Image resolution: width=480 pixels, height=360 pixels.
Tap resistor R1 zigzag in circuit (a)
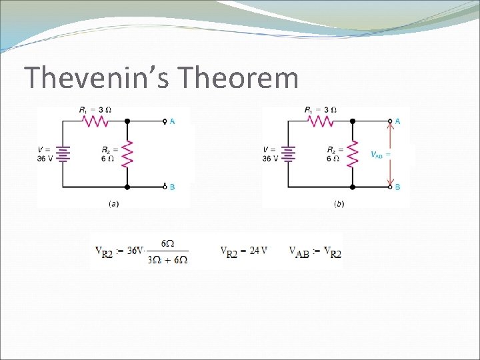click(94, 121)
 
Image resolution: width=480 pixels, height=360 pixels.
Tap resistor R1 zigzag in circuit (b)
click(320, 121)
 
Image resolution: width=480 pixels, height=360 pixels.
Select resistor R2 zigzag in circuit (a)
click(127, 155)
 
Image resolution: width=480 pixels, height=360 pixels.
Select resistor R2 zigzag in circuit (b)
click(353, 155)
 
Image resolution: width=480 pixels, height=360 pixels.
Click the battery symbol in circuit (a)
click(63, 155)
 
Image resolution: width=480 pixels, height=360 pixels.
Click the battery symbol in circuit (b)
click(289, 155)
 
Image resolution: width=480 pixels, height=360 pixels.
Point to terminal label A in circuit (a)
click(173, 121)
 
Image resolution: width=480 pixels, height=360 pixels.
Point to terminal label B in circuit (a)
click(173, 187)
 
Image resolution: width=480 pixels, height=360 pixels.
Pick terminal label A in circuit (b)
click(398, 121)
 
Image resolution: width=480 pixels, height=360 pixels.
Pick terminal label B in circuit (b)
click(398, 187)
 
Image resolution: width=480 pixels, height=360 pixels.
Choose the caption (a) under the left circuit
click(114, 204)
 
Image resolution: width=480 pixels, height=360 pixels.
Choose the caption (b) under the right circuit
click(339, 204)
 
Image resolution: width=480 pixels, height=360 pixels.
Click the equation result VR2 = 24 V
click(244, 251)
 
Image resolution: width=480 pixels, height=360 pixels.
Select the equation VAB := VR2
click(315, 252)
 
